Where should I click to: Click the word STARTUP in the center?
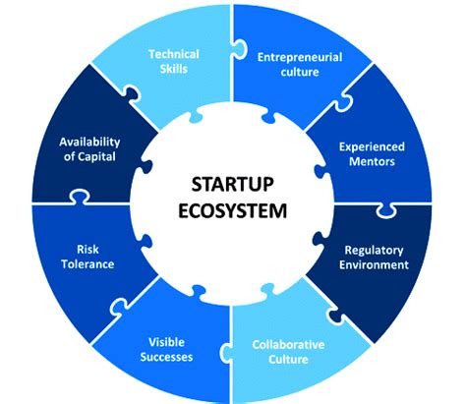pos(232,184)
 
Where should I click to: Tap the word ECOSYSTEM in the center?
pos(232,210)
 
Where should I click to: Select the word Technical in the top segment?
pos(174,54)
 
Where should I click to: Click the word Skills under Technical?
pos(174,69)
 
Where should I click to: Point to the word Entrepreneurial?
pos(300,58)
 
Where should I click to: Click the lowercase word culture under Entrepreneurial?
pos(300,72)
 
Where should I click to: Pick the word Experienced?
pos(372,147)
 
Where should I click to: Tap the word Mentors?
pos(372,161)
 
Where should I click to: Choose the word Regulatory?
pos(374,251)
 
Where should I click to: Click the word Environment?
pos(374,264)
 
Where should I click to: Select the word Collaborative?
pos(288,345)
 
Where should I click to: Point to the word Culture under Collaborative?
pos(288,360)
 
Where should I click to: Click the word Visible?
pos(166,342)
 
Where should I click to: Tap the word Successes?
pos(166,357)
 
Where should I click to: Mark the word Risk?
pos(87,250)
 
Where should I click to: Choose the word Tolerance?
pos(87,264)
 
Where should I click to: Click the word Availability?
pos(89,143)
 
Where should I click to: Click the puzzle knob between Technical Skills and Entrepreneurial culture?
pos(239,50)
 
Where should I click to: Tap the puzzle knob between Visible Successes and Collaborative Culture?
pos(225,353)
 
